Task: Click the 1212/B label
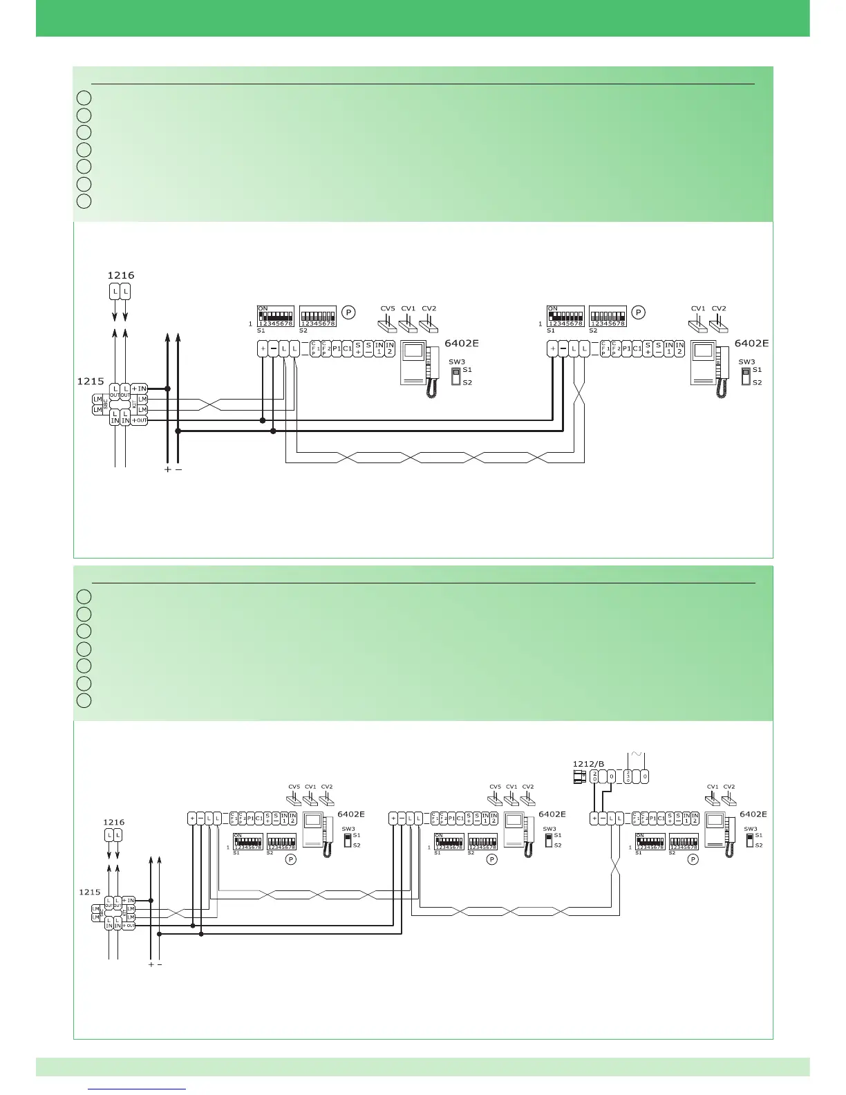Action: click(588, 764)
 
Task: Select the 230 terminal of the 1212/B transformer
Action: click(628, 777)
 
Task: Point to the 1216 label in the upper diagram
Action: click(121, 275)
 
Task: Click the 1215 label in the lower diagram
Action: click(90, 892)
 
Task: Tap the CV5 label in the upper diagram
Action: click(388, 309)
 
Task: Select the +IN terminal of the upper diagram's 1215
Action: click(139, 389)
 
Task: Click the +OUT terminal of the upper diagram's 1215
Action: click(139, 420)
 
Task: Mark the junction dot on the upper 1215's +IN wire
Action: click(167, 389)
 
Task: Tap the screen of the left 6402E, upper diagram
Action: click(413, 352)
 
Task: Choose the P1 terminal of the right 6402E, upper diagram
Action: click(626, 348)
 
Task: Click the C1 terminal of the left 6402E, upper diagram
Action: click(348, 348)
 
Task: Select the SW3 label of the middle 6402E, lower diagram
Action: click(549, 829)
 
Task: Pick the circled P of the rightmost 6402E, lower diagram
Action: click(693, 859)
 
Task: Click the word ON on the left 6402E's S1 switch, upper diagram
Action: click(263, 309)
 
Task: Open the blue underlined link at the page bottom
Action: click(138, 1089)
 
